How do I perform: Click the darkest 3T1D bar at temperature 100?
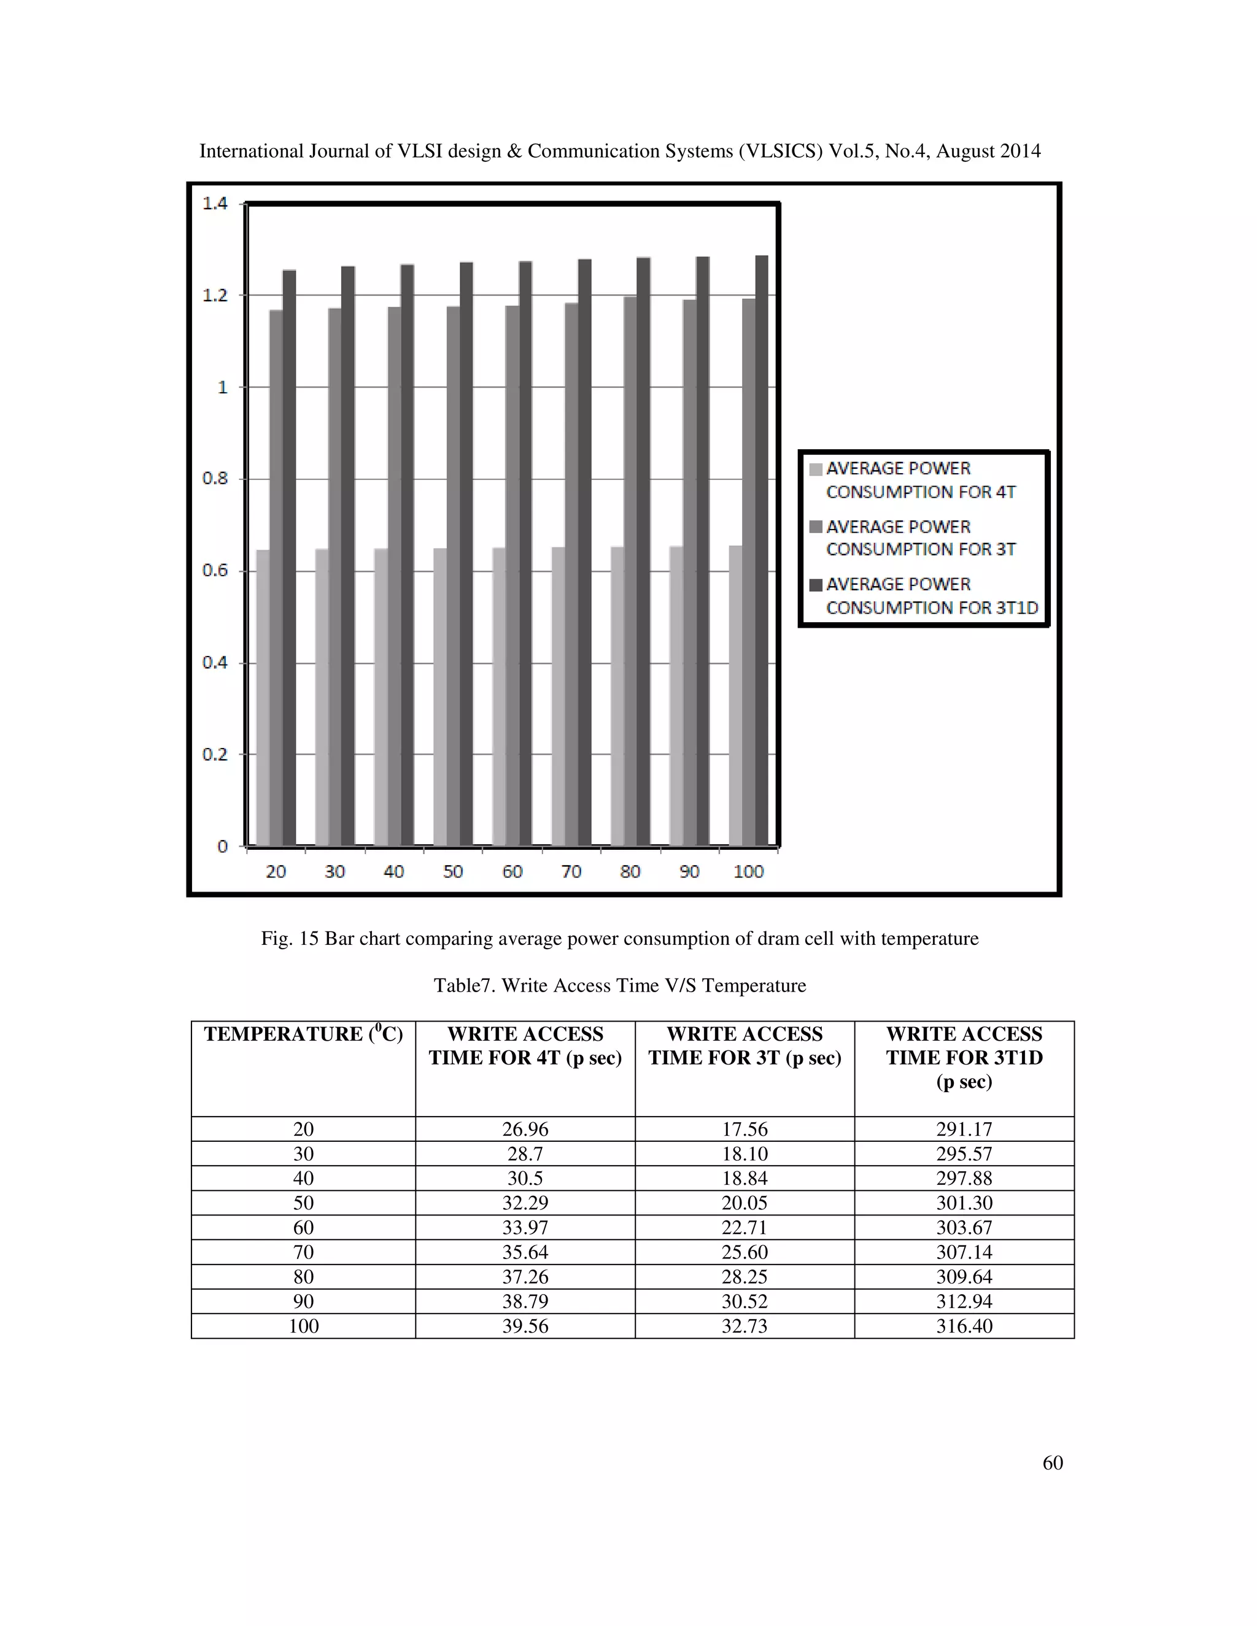pos(762,551)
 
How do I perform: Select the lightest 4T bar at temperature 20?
pos(262,698)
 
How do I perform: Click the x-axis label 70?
pos(571,872)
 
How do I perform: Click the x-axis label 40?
pos(394,872)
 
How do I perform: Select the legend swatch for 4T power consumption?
pos(816,469)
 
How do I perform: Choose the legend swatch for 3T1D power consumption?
pos(816,585)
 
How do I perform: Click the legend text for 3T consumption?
pos(921,538)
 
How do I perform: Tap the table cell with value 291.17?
pos(964,1130)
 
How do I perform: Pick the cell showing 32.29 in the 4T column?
pos(525,1203)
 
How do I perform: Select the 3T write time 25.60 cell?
pos(744,1252)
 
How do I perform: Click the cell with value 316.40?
pos(964,1326)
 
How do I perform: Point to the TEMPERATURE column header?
pos(303,1034)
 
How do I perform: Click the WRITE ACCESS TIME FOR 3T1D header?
pos(964,1057)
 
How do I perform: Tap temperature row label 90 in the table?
pos(303,1301)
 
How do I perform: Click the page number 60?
pos(1052,1463)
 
